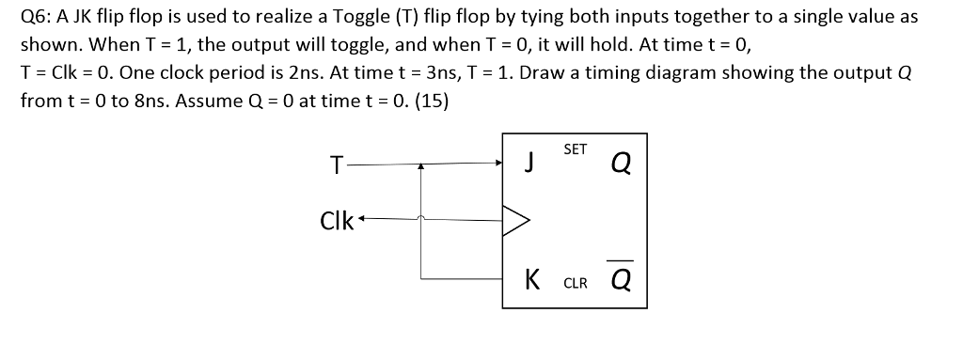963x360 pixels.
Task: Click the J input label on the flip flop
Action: pos(529,165)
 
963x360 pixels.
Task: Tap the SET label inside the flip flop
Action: pos(576,149)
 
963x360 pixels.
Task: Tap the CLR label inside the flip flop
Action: pos(576,282)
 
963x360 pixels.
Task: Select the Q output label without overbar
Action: pos(620,165)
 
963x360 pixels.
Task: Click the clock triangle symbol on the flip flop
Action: pos(518,222)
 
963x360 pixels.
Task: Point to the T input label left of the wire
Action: pos(336,166)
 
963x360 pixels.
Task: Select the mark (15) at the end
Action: pos(430,100)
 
